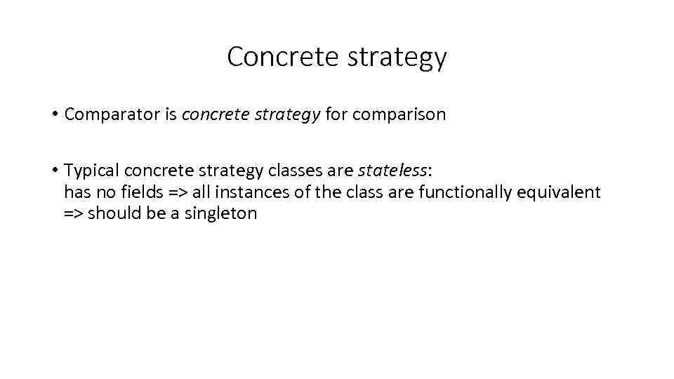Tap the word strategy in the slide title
tap(397, 58)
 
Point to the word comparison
tap(399, 115)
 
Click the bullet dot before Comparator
tap(53, 114)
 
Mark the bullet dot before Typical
tap(53, 171)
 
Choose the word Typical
tap(91, 171)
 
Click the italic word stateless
tap(392, 171)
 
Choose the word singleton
tap(221, 214)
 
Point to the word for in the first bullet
tap(337, 115)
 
